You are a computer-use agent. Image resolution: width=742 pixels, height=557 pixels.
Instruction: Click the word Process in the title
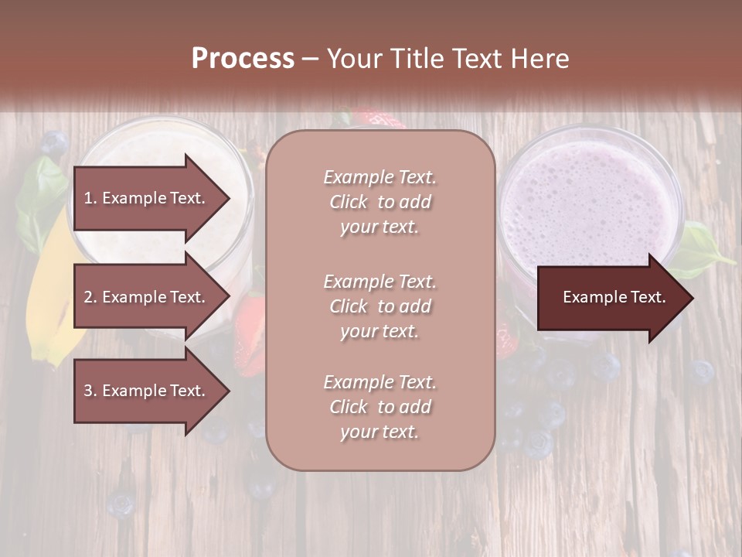(243, 59)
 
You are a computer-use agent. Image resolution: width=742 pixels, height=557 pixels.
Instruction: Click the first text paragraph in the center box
(380, 202)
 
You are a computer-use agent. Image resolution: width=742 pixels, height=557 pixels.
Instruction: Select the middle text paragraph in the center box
(380, 306)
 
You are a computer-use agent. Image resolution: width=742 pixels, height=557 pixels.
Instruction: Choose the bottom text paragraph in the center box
(380, 407)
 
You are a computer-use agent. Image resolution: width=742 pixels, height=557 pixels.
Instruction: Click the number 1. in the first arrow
(90, 198)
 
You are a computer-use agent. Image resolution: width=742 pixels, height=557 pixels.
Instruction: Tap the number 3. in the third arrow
(90, 391)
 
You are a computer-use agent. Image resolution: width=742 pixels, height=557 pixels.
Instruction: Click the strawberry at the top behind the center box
(379, 120)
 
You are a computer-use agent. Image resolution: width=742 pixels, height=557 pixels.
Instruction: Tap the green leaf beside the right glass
(699, 248)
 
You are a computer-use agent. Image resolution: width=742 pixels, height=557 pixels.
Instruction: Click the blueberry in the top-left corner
(53, 142)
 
